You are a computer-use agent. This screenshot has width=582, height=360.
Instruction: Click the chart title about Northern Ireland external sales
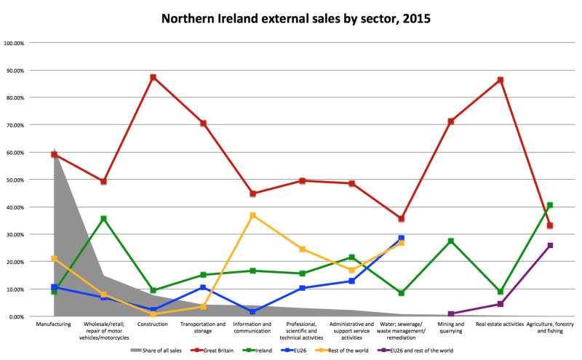click(290, 17)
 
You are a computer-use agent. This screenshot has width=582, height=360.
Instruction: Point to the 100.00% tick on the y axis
click(15, 43)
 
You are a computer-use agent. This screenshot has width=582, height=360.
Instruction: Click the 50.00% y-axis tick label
click(15, 180)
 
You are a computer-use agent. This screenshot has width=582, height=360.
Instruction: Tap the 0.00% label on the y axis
click(16, 316)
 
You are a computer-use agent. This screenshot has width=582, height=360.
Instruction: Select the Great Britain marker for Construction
click(154, 77)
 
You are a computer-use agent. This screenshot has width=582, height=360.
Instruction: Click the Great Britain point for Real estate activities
click(500, 80)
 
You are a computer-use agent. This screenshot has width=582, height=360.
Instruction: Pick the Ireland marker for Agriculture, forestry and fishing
click(550, 205)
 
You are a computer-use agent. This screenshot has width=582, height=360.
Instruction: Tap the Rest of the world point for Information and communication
click(252, 215)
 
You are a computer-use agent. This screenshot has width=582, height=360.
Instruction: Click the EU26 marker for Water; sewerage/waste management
click(401, 239)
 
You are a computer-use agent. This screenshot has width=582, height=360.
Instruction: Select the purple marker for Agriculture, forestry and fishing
click(550, 245)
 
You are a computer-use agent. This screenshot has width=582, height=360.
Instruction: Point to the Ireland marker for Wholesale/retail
click(104, 218)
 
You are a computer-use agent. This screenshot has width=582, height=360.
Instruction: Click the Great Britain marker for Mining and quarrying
click(451, 121)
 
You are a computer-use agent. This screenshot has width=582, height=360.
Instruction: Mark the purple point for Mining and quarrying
click(451, 313)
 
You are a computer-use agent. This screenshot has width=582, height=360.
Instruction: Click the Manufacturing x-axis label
click(55, 324)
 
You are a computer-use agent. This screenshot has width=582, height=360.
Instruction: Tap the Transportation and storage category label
click(203, 327)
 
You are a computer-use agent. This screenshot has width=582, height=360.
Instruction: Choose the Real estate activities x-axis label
click(500, 324)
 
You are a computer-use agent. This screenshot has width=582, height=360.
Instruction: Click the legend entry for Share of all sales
click(156, 350)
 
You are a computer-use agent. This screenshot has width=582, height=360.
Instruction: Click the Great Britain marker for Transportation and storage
click(203, 123)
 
